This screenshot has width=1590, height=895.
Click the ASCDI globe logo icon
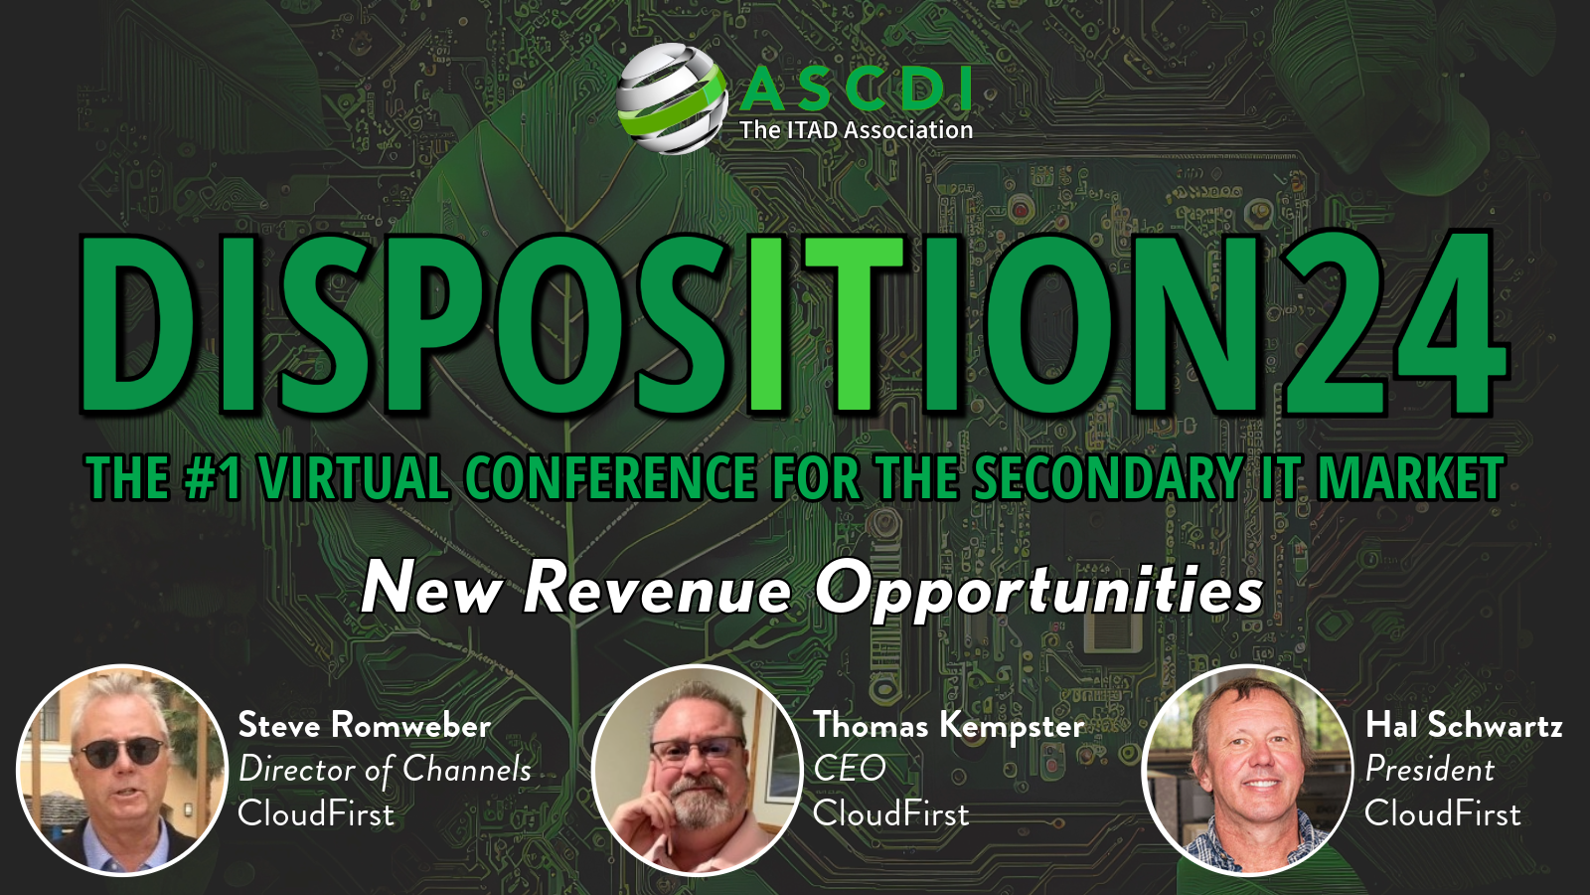[x=670, y=98]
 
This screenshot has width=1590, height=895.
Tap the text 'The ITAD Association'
[x=856, y=130]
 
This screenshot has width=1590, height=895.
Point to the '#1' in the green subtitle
[x=213, y=478]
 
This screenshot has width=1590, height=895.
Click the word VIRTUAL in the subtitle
[x=353, y=478]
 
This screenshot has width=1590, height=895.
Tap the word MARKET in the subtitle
[x=1410, y=478]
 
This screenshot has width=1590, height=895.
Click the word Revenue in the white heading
[x=657, y=588]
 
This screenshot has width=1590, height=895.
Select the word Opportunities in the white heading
[x=1039, y=590]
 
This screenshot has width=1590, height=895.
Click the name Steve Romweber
[x=365, y=725]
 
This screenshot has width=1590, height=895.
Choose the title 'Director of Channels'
[x=385, y=770]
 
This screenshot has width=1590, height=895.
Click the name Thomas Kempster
[x=948, y=726]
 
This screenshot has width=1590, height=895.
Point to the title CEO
[x=850, y=769]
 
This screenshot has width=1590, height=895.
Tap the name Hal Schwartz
[x=1464, y=725]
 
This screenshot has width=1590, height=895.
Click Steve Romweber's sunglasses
[x=121, y=753]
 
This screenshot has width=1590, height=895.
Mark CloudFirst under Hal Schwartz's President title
[x=1442, y=813]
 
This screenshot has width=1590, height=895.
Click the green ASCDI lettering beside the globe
[x=856, y=90]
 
